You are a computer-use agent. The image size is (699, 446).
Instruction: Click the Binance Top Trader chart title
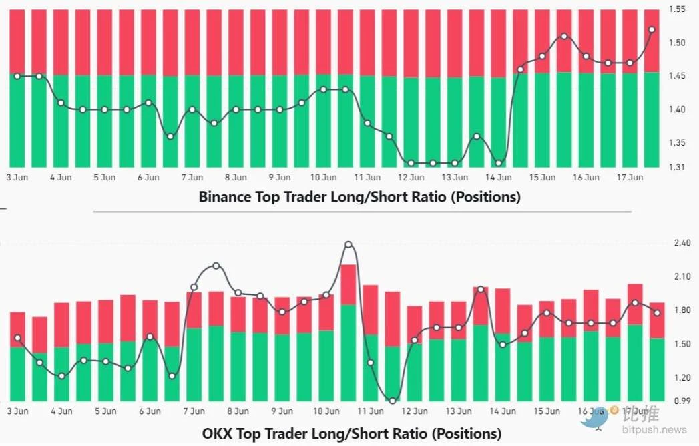359,197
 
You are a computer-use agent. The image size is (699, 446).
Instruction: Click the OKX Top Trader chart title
352,433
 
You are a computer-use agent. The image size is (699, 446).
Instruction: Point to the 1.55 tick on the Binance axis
677,9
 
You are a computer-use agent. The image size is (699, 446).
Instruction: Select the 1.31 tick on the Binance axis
677,166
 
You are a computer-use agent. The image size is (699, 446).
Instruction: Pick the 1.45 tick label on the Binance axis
677,76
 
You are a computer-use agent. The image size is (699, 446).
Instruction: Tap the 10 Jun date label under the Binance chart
324,178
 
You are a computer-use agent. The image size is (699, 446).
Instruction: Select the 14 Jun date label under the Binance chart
499,178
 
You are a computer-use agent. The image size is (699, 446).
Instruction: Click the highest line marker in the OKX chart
348,245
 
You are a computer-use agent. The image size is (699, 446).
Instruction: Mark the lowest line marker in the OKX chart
392,401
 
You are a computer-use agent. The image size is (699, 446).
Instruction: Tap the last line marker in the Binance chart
652,29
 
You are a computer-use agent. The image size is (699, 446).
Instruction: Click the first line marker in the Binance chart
18,76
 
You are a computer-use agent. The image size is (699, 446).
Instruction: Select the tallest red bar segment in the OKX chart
348,284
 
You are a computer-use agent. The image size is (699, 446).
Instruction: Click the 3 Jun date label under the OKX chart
17,411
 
